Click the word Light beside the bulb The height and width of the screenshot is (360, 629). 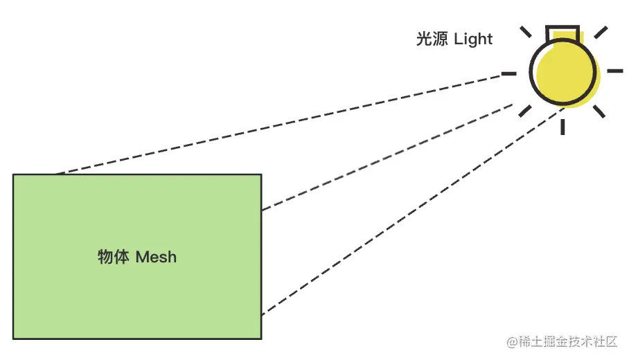coord(473,39)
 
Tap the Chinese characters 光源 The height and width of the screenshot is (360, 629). coord(432,39)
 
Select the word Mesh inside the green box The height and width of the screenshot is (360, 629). coord(156,258)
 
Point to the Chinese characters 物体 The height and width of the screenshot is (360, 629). coord(114,258)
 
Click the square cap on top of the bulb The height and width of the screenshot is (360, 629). coord(562,33)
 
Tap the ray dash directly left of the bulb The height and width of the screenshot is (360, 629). coord(509,73)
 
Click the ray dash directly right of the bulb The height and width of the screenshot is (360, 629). coord(615,71)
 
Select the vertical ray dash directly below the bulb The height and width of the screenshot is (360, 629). coord(563,126)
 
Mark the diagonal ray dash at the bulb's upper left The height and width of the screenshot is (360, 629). coord(527,33)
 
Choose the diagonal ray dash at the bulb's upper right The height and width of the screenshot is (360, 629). coord(601,33)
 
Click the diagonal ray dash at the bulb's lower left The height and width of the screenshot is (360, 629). coord(526,111)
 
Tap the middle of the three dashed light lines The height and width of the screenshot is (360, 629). coord(388,157)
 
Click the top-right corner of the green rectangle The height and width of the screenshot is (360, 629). coord(261,174)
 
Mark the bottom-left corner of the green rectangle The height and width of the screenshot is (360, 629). coord(13,339)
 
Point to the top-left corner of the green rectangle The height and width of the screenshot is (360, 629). coord(13,174)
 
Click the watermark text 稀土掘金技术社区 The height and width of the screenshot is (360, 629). coord(568,342)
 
